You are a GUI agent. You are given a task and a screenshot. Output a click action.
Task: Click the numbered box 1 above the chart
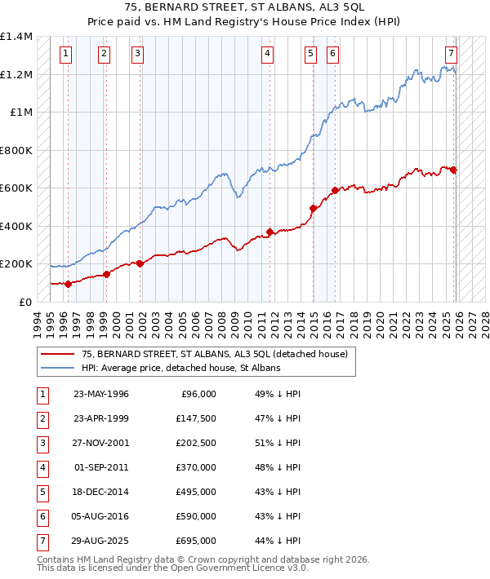pyautogui.click(x=65, y=55)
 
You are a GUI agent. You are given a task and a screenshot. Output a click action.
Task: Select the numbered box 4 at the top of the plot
pyautogui.click(x=267, y=55)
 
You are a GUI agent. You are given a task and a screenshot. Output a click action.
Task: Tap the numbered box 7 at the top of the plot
pyautogui.click(x=451, y=55)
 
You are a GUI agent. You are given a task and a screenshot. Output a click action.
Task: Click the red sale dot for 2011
pyautogui.click(x=269, y=232)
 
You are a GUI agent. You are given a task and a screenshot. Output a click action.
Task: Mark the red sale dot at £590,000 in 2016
pyautogui.click(x=335, y=191)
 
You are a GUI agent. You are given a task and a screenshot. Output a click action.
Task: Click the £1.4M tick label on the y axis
pyautogui.click(x=16, y=38)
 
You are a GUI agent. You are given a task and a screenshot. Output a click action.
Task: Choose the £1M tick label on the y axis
pyautogui.click(x=21, y=113)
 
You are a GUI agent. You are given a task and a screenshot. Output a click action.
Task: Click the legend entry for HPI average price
pyautogui.click(x=180, y=368)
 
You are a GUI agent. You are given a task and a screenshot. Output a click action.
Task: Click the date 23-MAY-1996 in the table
pyautogui.click(x=100, y=394)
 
